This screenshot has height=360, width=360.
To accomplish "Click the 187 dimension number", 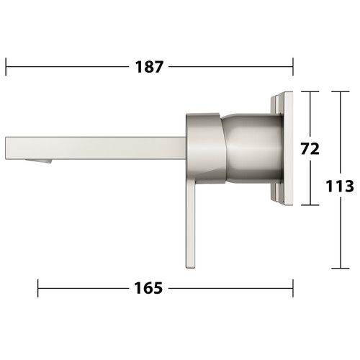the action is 149,67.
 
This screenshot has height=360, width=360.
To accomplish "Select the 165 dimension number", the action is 148,288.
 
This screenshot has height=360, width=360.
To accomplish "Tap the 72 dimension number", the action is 310,149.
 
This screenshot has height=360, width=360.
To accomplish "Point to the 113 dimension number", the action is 340,186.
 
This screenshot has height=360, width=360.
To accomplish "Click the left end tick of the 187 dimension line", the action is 6,67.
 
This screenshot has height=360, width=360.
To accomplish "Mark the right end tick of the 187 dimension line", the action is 293,67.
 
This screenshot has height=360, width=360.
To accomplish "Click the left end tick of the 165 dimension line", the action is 38,288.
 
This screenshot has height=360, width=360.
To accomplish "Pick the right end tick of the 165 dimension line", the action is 293,288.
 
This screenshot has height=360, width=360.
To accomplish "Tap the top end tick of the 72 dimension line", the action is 310,91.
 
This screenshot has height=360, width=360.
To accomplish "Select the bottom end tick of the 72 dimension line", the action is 310,205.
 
